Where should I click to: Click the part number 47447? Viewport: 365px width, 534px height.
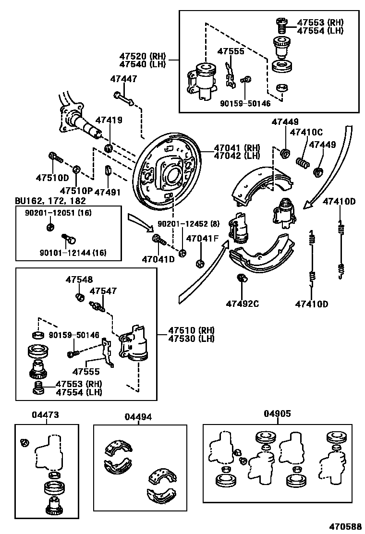pos(123,79)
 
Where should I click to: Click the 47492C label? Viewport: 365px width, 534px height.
pos(243,303)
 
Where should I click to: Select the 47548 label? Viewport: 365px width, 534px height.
pos(79,279)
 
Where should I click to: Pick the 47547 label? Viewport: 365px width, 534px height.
pos(103,291)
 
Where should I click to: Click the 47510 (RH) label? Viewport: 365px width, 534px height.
pos(191,330)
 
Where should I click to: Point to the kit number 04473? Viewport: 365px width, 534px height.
pos(46,414)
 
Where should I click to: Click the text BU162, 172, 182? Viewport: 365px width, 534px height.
pos(50,200)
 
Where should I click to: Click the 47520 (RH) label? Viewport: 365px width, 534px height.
pos(142,56)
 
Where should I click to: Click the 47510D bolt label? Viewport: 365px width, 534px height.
pos(52,178)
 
